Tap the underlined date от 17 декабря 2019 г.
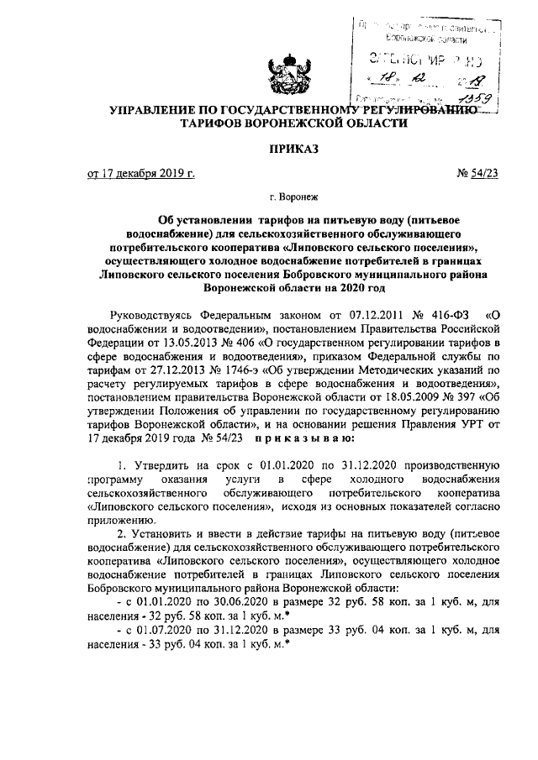pos(141,175)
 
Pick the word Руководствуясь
pos(156,317)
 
